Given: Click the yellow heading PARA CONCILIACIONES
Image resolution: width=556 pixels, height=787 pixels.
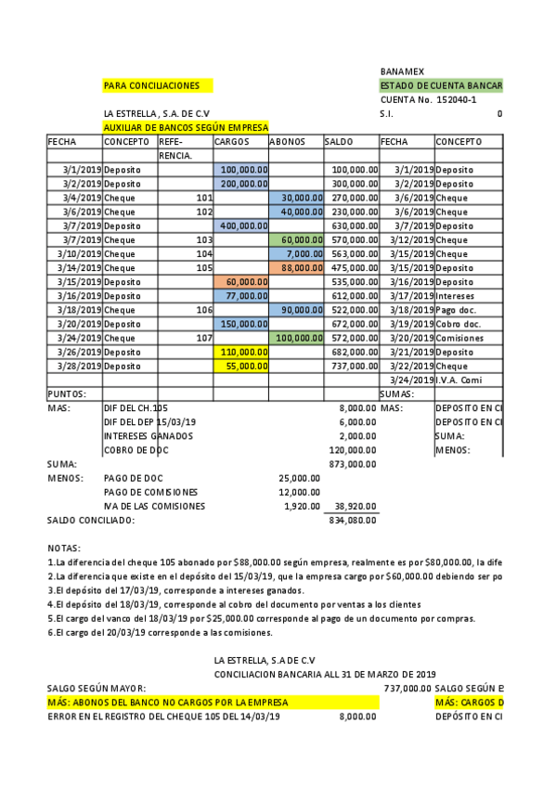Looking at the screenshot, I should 151,85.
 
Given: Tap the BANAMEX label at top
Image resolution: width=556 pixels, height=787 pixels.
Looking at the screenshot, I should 400,71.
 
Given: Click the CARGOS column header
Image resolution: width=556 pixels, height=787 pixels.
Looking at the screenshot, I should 232,142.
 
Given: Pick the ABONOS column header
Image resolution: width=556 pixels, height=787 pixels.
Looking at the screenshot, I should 288,142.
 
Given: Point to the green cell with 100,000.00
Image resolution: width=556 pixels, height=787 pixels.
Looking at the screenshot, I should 296,338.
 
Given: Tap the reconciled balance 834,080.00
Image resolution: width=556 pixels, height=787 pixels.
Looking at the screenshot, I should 353,521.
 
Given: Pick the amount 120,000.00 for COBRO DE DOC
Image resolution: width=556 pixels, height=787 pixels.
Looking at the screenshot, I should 353,450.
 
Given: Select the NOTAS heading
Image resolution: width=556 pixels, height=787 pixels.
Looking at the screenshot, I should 64,548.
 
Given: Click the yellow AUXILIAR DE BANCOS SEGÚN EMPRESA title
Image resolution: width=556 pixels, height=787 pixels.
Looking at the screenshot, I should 186,127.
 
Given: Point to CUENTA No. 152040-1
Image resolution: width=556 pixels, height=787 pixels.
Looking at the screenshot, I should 429,99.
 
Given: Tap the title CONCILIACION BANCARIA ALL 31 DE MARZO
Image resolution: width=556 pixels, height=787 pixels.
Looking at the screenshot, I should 325,673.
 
